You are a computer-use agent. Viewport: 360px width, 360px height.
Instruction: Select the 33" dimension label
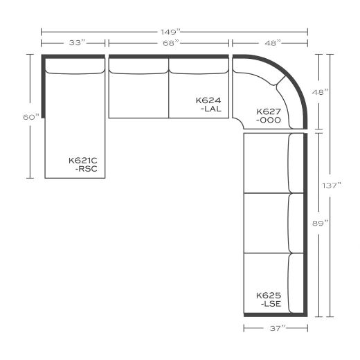(x=78, y=43)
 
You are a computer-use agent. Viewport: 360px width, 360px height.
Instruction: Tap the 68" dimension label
(x=171, y=43)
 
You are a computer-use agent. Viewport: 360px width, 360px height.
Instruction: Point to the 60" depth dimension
(x=31, y=117)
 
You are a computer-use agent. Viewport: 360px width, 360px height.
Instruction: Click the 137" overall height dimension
(x=332, y=186)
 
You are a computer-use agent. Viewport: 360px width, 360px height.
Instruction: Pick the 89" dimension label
(x=321, y=223)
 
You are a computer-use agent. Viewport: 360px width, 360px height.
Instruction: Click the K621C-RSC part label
(x=83, y=165)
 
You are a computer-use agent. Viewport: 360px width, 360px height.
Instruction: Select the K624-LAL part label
(x=208, y=105)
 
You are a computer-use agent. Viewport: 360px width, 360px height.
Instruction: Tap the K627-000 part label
(x=269, y=116)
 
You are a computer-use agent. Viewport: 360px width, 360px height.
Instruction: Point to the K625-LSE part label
(x=269, y=300)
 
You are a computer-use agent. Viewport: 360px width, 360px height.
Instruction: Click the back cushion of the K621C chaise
(x=75, y=66)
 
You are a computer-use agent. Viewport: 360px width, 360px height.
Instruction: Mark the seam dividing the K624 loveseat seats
(x=169, y=88)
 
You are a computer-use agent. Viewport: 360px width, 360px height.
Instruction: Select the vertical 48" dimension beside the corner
(x=321, y=92)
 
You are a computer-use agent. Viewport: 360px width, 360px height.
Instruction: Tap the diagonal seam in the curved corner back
(x=280, y=80)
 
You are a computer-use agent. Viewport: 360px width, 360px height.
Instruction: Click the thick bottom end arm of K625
(x=276, y=315)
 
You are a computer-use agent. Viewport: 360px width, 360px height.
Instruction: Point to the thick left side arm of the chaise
(x=43, y=87)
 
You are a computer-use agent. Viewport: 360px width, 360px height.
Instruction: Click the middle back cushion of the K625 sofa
(x=296, y=223)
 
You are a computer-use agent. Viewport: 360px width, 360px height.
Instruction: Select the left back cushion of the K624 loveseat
(x=138, y=66)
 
